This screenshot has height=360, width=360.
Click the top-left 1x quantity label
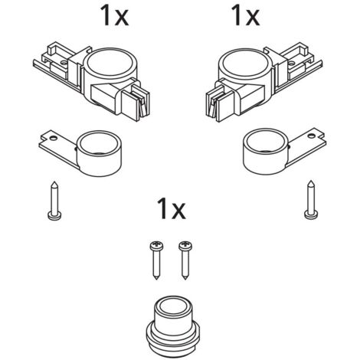[114, 15]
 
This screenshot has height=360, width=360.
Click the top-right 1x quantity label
[245, 15]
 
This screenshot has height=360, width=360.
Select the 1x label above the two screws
[172, 209]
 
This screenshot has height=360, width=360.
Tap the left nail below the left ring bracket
[54, 201]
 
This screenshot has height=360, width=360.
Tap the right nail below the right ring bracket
[311, 200]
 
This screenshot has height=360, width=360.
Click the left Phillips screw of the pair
[156, 260]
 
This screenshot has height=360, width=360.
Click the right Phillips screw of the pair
[185, 260]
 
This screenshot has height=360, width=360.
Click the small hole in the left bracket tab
[54, 138]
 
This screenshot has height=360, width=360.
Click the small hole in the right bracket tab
[311, 136]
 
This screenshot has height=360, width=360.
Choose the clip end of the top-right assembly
[220, 102]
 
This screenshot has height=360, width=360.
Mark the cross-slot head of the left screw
[156, 245]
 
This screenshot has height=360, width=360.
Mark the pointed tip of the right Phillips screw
[185, 278]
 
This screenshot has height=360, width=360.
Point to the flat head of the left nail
[54, 217]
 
